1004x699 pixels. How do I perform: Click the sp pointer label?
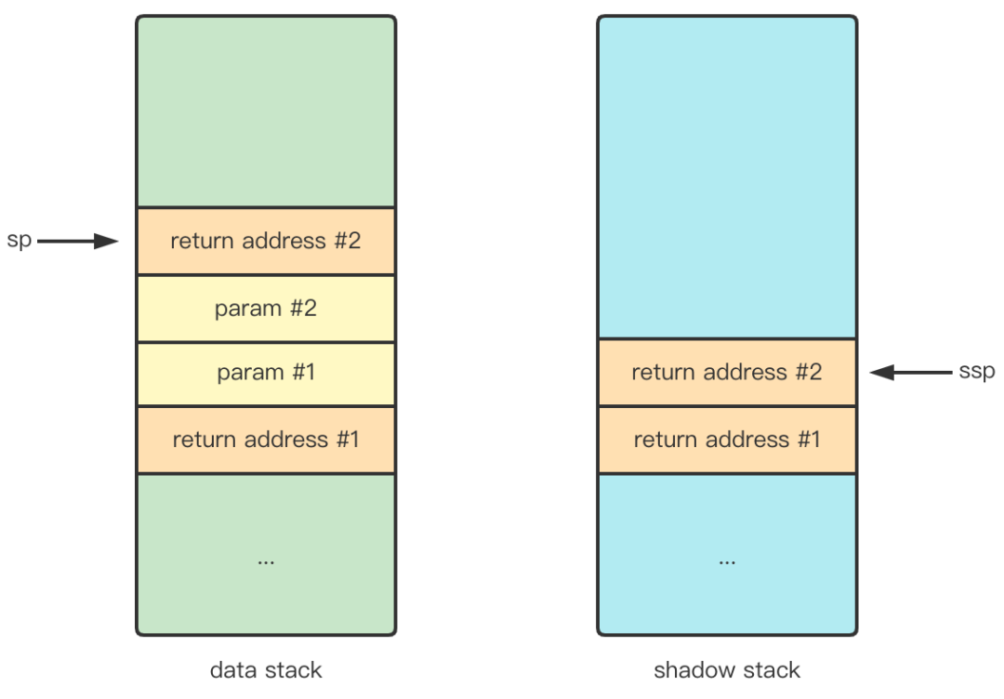[x=20, y=241]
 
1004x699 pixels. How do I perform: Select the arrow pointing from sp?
[x=78, y=242]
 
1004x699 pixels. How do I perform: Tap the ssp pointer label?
[x=976, y=371]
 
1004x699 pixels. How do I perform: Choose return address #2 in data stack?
[x=266, y=242]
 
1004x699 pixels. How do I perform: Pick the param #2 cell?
[x=266, y=309]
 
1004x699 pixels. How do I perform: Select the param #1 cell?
[x=266, y=374]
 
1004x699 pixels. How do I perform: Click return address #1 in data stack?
[x=266, y=440]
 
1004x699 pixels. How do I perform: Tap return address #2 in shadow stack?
[x=727, y=373]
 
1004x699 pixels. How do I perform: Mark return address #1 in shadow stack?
[x=727, y=440]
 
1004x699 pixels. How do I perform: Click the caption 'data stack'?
[x=266, y=669]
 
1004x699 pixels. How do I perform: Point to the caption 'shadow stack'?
[x=727, y=669]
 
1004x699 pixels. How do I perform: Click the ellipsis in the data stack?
[x=266, y=561]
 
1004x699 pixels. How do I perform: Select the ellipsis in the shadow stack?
[x=727, y=561]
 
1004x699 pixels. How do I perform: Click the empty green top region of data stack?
[x=266, y=112]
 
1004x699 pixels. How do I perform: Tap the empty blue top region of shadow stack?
[x=727, y=177]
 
